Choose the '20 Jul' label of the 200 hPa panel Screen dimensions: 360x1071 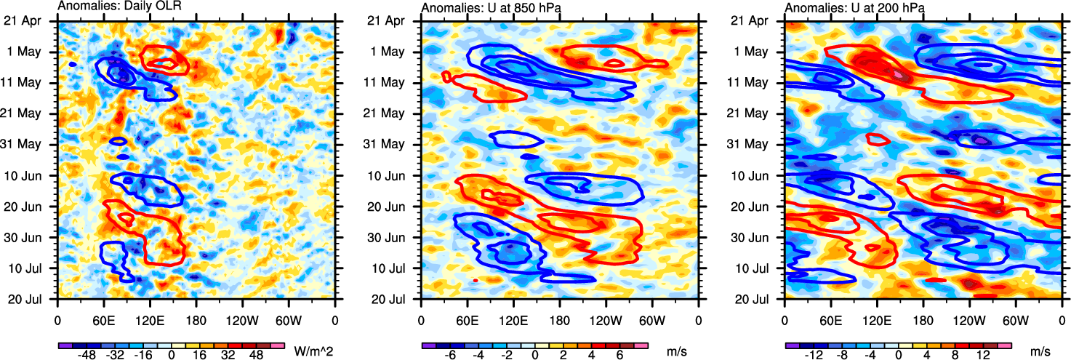[x=753, y=299]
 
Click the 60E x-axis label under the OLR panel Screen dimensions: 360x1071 [x=103, y=320]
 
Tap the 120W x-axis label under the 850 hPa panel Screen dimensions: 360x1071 [x=606, y=320]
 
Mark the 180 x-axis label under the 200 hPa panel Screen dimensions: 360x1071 [x=923, y=320]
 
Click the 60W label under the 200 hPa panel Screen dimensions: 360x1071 [x=1016, y=320]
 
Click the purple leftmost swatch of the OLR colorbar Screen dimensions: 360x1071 [x=64, y=345]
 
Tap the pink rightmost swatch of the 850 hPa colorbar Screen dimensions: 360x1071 [x=641, y=345]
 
